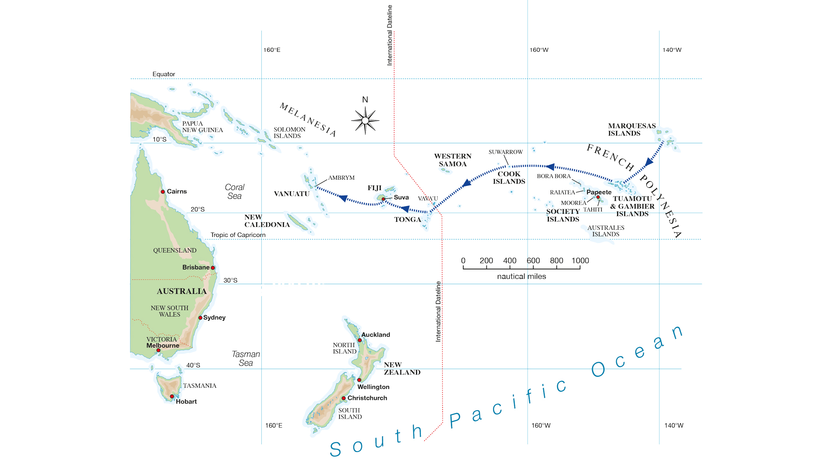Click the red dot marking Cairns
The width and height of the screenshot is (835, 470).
pos(163,192)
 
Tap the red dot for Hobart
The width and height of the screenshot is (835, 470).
pos(172,396)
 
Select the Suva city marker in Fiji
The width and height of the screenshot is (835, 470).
pos(383,199)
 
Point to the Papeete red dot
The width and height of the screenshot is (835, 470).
pos(598,197)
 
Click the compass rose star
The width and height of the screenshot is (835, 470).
pos(365,121)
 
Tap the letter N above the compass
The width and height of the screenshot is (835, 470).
pos(365,100)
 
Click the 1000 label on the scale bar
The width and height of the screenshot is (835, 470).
pos(580,261)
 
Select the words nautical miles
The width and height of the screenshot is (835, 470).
pos(521,277)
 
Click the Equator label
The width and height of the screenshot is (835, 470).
pos(164,74)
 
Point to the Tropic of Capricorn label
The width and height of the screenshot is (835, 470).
pos(238,235)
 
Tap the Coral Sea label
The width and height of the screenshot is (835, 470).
pos(235,192)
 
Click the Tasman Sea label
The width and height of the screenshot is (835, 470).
pos(246,358)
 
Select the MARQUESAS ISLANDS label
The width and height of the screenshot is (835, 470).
pos(631,130)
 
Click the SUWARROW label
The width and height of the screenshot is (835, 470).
pos(505,152)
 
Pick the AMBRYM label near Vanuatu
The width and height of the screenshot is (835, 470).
pos(341,178)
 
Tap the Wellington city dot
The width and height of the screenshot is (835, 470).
pos(359,380)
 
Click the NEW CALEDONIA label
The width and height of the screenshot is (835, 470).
pos(267,221)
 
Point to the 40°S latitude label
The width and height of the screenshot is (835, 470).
pos(193,365)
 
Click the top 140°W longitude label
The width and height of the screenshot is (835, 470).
pos(672,50)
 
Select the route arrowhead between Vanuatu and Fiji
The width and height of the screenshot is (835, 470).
pos(343,198)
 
